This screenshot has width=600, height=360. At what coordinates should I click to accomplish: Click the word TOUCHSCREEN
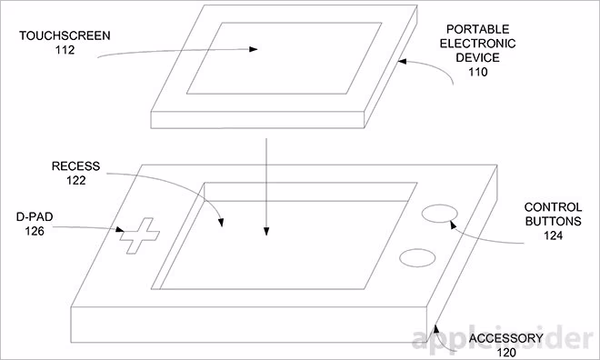65,35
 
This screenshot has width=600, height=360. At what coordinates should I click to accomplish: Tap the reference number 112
65,50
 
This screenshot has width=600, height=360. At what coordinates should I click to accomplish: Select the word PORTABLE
478,29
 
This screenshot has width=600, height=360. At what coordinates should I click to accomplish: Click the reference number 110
478,72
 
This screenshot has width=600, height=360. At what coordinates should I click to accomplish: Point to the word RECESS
75,166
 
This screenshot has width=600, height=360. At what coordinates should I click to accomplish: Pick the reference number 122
75,181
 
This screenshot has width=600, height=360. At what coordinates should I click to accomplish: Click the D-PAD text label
35,216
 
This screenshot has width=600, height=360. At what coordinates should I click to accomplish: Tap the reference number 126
35,231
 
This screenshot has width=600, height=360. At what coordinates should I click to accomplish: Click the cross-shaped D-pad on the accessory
139,235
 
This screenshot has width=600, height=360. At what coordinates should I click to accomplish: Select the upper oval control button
440,213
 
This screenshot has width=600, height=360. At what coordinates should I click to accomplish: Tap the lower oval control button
417,258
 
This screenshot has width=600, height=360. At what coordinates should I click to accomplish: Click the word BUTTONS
554,221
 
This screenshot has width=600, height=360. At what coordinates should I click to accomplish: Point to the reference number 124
554,235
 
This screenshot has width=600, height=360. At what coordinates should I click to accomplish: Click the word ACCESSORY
506,338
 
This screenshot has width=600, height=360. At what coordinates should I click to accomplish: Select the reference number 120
506,353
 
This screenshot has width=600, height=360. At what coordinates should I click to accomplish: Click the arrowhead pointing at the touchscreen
254,49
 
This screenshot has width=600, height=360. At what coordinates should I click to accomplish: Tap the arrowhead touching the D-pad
120,229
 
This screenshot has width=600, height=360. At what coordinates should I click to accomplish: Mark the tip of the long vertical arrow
266,235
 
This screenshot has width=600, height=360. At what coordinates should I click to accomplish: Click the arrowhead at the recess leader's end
221,223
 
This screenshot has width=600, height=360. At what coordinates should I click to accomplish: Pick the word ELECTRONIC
478,44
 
